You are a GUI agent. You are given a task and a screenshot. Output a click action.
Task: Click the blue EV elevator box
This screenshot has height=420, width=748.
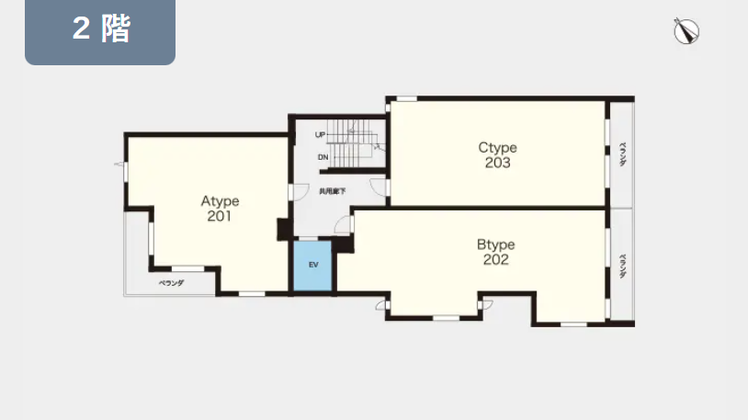pos(312,266)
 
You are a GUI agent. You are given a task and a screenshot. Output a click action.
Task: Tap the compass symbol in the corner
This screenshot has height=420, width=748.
pos(686,31)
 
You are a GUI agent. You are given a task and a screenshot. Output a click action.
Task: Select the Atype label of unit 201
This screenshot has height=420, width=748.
pos(220,201)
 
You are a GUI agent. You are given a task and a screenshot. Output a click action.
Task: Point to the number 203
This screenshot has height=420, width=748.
pos(497,163)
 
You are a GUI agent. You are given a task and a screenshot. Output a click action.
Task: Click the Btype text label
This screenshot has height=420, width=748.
pos(495,244)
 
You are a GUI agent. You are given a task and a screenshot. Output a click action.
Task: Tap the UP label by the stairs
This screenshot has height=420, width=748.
pos(320,135)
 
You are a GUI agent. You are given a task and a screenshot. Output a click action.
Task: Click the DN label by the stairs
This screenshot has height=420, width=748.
pos(323,157)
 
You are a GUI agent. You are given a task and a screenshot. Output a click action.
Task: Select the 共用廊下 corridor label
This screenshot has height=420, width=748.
pos(333,191)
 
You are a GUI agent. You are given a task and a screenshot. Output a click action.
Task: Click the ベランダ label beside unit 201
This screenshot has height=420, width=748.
pos(171,283)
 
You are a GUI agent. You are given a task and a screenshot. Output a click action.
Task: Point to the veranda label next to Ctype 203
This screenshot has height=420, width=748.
pos(622,154)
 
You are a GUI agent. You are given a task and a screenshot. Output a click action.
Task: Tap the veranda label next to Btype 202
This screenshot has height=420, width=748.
pos(622,266)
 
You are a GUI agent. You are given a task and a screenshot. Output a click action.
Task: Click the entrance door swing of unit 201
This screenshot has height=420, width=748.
pos(300,192)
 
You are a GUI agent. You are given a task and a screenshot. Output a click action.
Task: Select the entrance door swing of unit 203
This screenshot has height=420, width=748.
pos(379,187)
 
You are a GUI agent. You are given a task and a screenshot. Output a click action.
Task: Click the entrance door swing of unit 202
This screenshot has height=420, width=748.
pos(343,225)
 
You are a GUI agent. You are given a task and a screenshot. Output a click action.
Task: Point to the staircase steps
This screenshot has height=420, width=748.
pos(352,143)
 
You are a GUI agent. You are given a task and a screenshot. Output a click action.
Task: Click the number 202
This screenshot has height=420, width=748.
pos(495,260)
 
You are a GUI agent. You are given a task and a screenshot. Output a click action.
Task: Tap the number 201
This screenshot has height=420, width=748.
pos(220,216)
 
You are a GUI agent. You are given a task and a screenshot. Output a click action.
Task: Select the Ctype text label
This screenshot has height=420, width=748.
pos(497,148)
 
